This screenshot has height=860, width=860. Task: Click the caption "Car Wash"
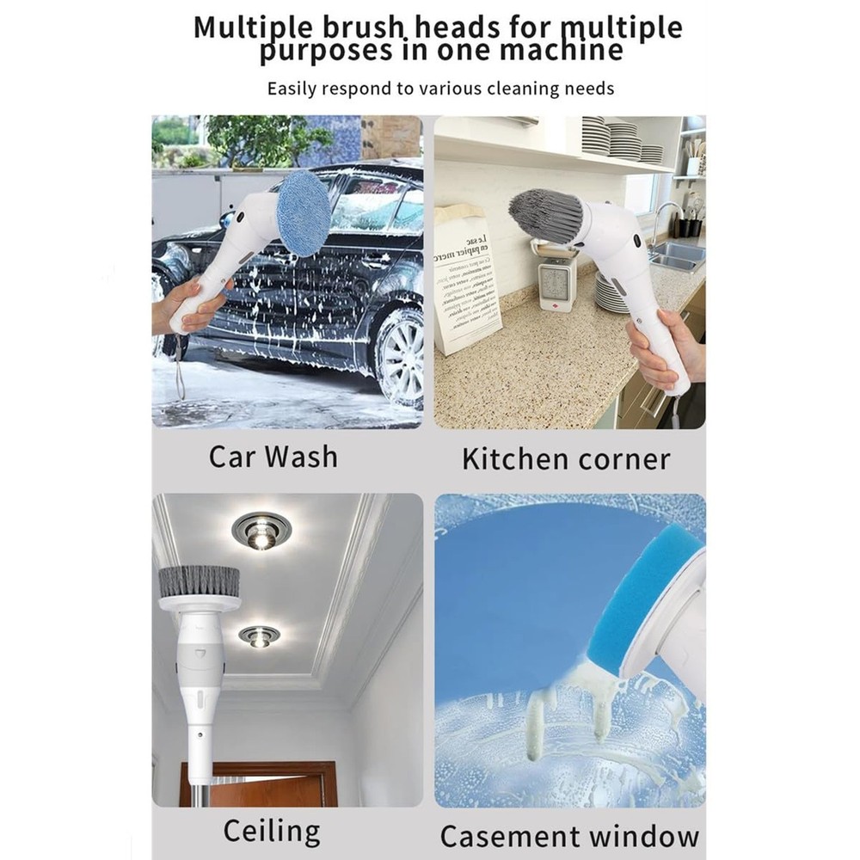coord(273,456)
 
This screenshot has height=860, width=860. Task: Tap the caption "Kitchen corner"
coord(565,458)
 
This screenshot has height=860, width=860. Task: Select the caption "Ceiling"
coord(272,832)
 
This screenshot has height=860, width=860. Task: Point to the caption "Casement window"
coord(569,835)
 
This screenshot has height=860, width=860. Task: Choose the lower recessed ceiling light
coord(259,636)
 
